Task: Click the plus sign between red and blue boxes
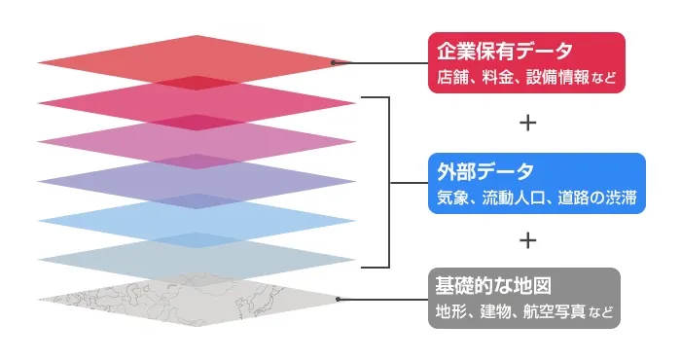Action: [x=527, y=124]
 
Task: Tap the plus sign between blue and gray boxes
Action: [x=527, y=239]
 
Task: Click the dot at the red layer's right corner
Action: [x=334, y=63]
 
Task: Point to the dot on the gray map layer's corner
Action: [x=337, y=300]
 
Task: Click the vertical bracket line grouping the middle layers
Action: [x=389, y=182]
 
